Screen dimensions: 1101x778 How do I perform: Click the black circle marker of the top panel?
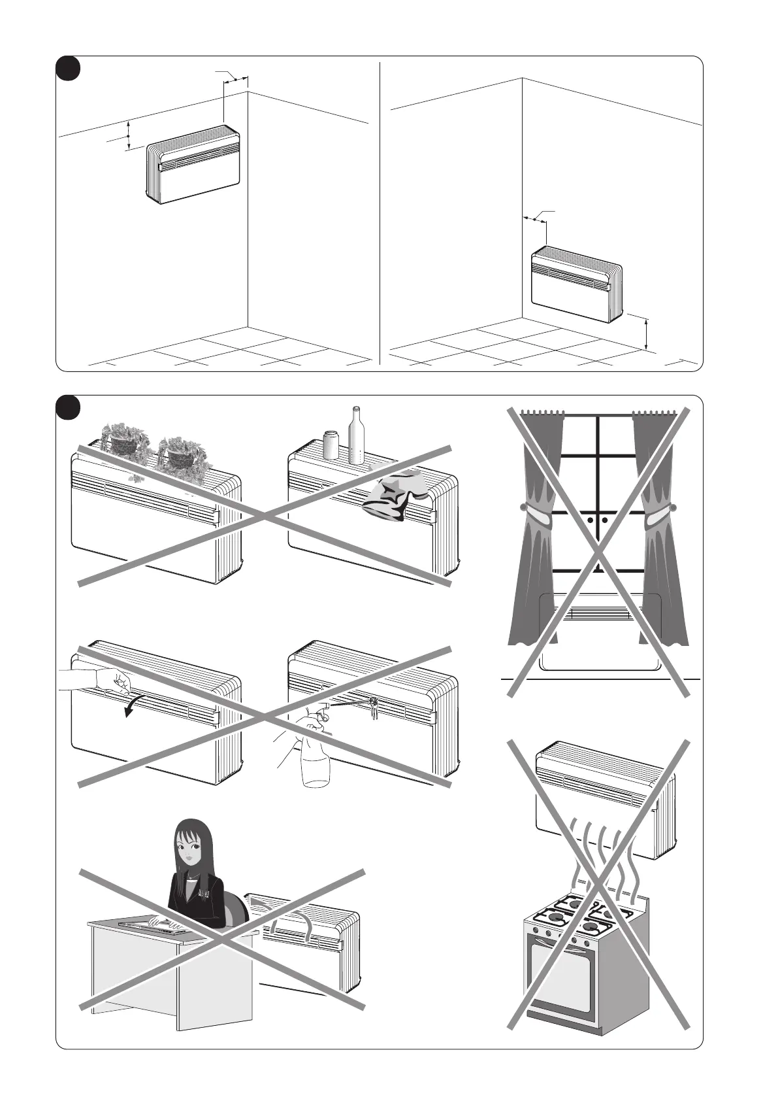(67, 69)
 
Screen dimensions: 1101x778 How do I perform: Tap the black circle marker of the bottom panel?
(67, 408)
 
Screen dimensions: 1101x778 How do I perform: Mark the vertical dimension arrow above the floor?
(645, 334)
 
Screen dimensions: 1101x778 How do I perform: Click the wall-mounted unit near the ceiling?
(193, 163)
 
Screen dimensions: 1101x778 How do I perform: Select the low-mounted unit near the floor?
(575, 283)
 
